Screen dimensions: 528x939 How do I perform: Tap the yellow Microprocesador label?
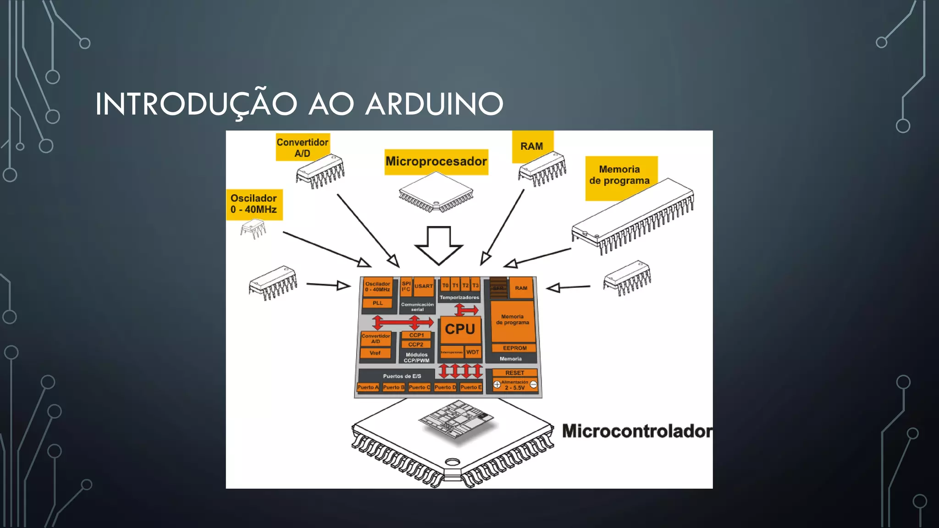[436, 161]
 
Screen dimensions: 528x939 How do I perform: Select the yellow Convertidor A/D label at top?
[302, 148]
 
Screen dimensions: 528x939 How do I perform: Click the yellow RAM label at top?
[531, 146]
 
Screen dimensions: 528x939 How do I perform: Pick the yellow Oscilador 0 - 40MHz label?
[254, 204]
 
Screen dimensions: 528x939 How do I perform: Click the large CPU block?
[460, 329]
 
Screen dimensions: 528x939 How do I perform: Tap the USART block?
[423, 286]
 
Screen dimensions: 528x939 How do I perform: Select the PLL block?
[377, 303]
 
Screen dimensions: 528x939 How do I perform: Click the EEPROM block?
[514, 348]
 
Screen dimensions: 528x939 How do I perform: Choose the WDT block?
[472, 352]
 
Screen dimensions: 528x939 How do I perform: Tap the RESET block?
[514, 373]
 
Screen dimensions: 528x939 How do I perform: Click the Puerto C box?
[419, 387]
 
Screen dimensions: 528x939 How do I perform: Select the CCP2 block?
[416, 344]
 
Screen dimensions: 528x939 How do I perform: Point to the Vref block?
[375, 353]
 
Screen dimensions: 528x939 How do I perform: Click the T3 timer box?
[475, 285]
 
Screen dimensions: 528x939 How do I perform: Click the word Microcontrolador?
[636, 431]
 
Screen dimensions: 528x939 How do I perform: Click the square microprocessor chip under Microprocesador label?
[436, 192]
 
